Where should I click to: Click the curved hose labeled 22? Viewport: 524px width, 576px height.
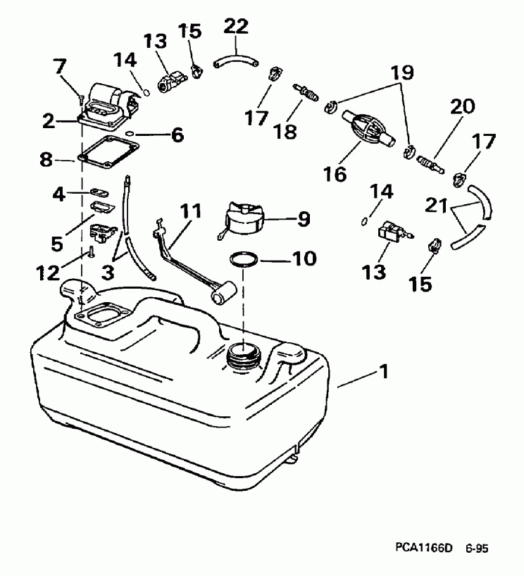(x=235, y=57)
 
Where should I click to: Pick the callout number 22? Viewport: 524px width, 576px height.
(x=237, y=27)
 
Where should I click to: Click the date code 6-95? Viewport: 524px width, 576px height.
(x=477, y=546)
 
